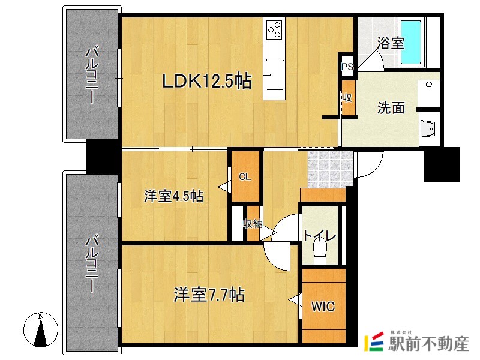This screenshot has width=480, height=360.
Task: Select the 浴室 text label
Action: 390,43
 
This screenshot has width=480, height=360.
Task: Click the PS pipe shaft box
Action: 347,67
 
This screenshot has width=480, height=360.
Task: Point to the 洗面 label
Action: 391,108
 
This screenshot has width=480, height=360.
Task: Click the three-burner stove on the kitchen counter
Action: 275,29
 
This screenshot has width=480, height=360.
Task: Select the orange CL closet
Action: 245,176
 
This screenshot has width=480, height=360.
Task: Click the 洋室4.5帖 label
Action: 173,196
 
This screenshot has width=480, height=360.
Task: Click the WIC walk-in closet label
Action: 323,306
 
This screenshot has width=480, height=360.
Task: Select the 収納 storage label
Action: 252,224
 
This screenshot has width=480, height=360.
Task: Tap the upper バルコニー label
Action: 92,75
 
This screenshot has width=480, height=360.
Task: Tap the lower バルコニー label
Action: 92,264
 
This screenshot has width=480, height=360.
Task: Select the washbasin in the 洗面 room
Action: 428,128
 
